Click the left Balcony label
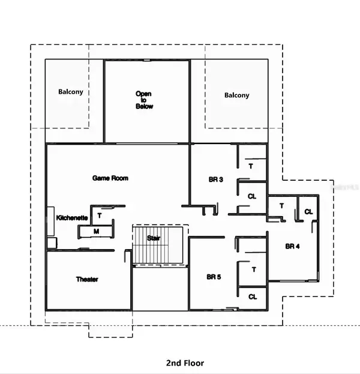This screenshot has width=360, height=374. point(71,92)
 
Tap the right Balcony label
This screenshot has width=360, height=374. point(236,95)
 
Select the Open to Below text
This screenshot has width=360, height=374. point(144,100)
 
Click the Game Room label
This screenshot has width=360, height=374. point(110,178)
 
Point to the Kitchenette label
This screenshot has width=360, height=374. point(73,217)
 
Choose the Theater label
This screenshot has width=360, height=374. point(87,279)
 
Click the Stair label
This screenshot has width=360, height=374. point(154,238)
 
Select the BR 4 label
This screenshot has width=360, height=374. point(292,246)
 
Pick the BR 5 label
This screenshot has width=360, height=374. point(214,277)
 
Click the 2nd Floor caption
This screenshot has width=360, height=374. point(185,363)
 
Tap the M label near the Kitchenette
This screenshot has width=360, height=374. point(96,231)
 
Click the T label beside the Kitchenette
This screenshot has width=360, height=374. point(99,214)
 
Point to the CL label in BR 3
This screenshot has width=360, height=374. point(252,196)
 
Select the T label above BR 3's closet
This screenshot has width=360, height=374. point(251,166)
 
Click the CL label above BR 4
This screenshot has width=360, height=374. point(308,211)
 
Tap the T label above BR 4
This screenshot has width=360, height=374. point(281,206)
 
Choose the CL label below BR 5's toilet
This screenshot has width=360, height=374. point(253,296)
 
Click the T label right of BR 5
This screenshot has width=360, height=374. point(254,270)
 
